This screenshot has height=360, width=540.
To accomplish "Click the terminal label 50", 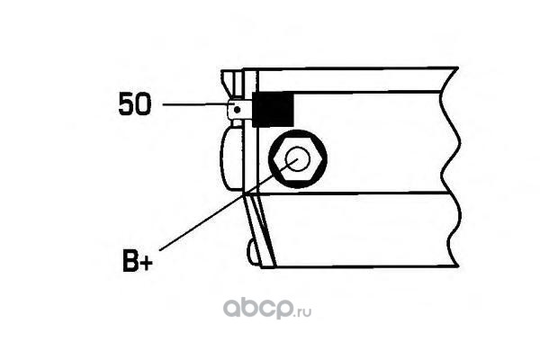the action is pyautogui.click(x=135, y=105).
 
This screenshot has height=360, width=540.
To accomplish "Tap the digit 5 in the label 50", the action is pyautogui.click(x=127, y=105).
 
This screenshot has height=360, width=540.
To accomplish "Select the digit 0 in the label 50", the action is pyautogui.click(x=144, y=105).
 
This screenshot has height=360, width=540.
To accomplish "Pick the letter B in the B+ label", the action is pyautogui.click(x=129, y=264).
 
